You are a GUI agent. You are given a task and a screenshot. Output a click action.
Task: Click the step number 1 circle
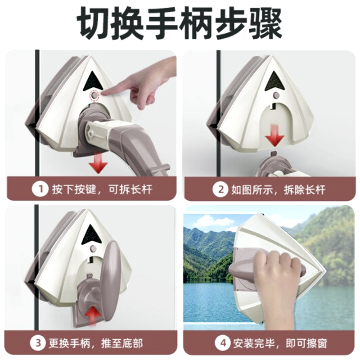click(40, 189)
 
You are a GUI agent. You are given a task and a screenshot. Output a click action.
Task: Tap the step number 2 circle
click(220, 189)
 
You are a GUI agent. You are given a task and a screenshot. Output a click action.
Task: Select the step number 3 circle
click(38, 343)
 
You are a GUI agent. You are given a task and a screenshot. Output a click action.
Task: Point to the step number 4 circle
click(223, 343)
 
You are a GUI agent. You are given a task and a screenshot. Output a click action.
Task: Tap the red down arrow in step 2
click(274, 135)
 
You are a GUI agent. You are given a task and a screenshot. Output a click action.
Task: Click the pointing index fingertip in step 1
click(104, 93)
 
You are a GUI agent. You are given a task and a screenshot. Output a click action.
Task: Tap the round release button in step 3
click(93, 248)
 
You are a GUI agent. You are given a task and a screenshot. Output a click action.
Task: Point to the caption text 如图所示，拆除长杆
click(278, 190)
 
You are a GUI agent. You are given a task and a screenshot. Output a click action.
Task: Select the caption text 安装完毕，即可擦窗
click(280, 343)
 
